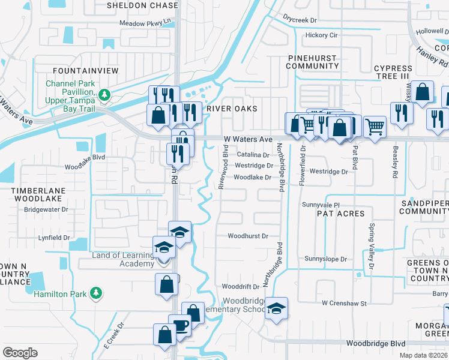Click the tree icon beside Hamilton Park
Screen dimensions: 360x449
95,293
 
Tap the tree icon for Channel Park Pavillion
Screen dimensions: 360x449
104,94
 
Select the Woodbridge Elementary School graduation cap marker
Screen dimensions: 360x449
276,308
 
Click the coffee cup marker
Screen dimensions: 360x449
179,326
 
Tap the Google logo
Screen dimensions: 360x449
20,353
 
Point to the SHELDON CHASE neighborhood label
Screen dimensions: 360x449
143,5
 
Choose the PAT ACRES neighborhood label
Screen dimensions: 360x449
340,214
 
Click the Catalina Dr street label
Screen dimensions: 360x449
252,155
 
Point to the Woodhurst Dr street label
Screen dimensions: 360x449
248,236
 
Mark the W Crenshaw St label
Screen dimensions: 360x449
344,304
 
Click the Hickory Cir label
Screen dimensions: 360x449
322,35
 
